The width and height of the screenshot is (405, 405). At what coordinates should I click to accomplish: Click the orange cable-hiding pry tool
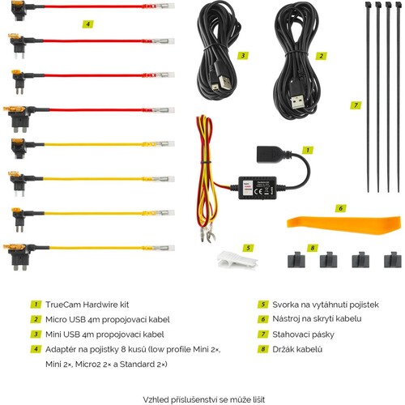click(x=343, y=224)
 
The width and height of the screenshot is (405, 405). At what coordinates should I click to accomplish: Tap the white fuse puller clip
click(x=237, y=260)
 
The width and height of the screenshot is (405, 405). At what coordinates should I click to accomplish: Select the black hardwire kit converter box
click(x=258, y=188)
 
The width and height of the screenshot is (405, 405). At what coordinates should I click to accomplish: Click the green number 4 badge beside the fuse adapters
click(x=87, y=24)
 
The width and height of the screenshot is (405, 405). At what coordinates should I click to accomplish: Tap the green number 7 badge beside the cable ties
click(x=356, y=105)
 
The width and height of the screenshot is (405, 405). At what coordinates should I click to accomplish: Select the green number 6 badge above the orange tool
click(x=340, y=208)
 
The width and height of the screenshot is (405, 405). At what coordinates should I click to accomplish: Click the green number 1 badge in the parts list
click(x=36, y=305)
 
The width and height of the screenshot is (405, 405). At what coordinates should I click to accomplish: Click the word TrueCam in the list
click(x=63, y=305)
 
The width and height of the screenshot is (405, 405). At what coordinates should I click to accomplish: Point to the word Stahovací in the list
click(x=292, y=335)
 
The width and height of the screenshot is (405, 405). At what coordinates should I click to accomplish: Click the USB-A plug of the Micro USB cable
click(x=298, y=99)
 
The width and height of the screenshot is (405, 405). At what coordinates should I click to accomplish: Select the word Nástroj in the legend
click(x=286, y=319)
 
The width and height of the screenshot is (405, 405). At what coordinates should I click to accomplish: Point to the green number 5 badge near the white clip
click(x=248, y=248)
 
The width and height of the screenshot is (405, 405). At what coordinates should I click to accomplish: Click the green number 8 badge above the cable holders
click(x=313, y=248)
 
